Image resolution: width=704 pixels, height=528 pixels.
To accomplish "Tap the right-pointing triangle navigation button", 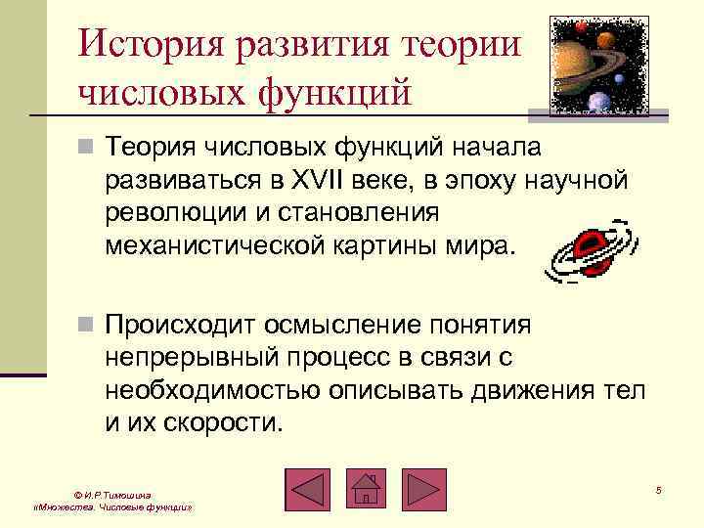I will (424, 489).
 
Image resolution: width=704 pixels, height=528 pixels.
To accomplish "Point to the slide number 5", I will (659, 489).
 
